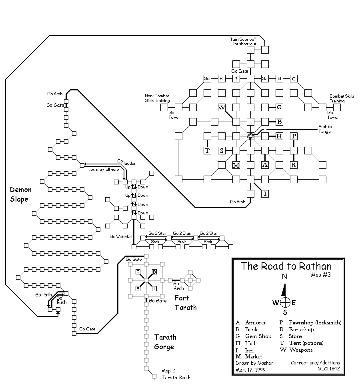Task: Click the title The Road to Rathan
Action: pos(286,266)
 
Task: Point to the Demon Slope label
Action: pos(21,194)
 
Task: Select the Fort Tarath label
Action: pos(186,302)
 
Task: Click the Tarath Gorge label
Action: pos(165,342)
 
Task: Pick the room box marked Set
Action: pos(207,78)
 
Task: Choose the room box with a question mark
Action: pos(236,78)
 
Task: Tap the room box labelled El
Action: pos(279,78)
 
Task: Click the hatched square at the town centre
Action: pos(250,136)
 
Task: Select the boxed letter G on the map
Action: pos(279,107)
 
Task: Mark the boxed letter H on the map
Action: pos(279,136)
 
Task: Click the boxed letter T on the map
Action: pos(207,150)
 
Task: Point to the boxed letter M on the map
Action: pos(236,165)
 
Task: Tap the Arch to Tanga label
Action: pos(325,129)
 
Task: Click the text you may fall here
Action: pos(104,170)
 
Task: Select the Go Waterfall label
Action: pos(121,236)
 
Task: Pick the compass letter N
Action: pos(285,276)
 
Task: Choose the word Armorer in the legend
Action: pos(256,323)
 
